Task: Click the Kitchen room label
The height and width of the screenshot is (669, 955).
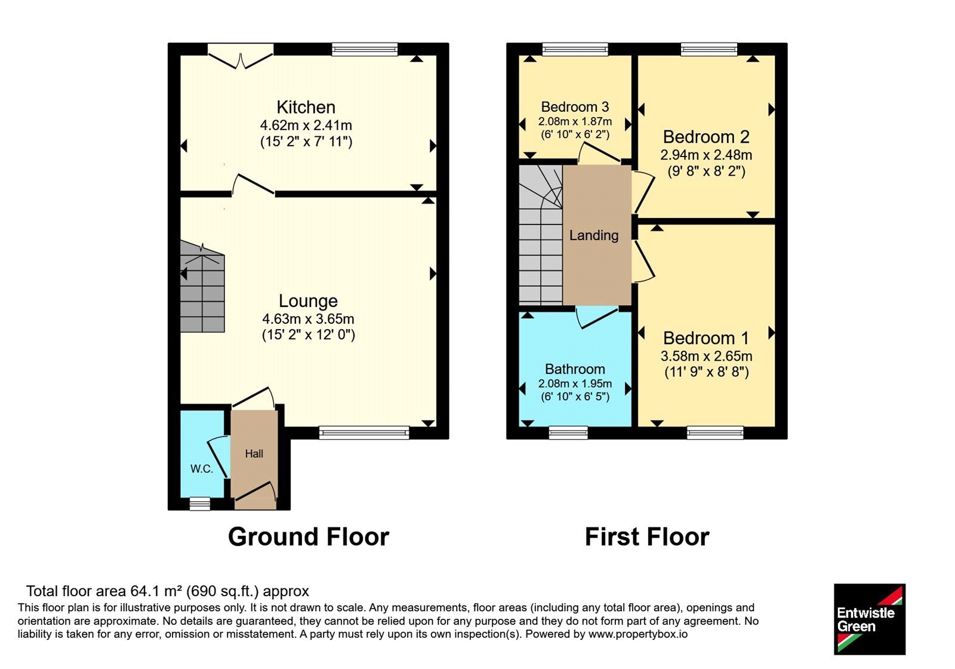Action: point(306,107)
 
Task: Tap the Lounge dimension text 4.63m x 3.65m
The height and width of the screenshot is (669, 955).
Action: point(308,319)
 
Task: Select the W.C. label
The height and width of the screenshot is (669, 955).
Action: point(202,469)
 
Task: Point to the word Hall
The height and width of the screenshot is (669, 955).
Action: point(254,453)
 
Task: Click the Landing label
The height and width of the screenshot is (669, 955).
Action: point(594,235)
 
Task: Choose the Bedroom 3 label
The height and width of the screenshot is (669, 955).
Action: point(575,106)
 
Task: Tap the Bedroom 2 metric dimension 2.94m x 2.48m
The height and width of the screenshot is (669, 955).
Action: point(706,155)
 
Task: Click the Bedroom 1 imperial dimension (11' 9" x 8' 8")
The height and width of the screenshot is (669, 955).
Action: point(707,372)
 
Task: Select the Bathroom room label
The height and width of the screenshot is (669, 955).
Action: point(575,369)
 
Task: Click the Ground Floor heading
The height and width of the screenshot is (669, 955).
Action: point(309,537)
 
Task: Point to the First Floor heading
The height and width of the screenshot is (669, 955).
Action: point(647,537)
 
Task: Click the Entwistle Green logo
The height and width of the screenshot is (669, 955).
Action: point(870,619)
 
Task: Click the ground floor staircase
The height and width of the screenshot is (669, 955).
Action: point(202,287)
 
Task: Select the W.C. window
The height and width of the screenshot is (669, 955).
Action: point(200,504)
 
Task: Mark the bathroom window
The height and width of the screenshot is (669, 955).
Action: point(568,432)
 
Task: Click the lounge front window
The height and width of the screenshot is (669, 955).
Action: point(364,432)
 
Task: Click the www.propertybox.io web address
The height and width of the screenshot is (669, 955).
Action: point(638,634)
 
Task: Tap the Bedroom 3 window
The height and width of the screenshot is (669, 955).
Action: point(575,50)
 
